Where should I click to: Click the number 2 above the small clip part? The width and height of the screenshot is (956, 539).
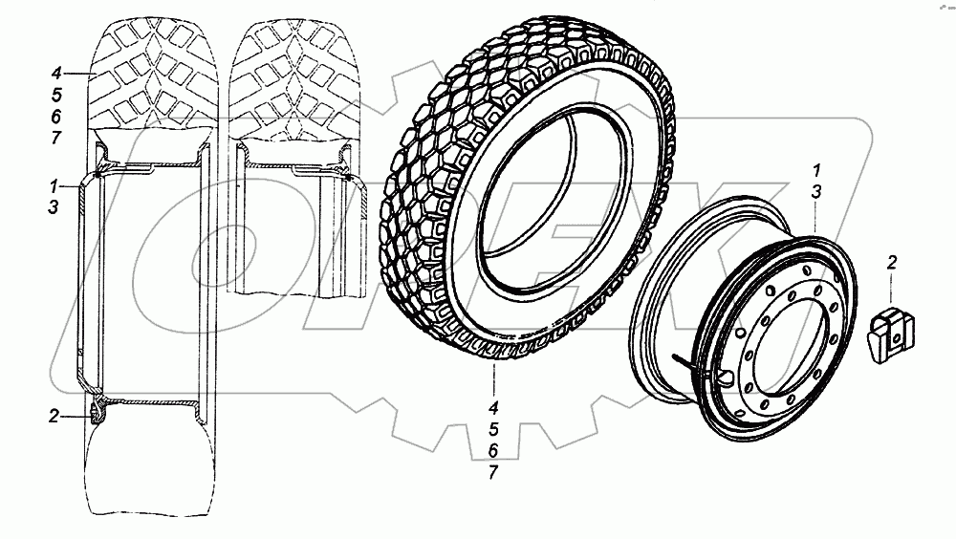[x=891, y=262]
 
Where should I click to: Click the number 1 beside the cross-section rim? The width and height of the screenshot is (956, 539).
[x=56, y=183]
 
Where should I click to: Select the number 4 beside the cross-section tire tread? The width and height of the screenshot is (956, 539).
[x=56, y=73]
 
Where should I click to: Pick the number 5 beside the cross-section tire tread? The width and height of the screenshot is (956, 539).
[x=56, y=95]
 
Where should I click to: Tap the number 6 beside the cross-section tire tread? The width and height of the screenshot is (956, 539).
[x=56, y=116]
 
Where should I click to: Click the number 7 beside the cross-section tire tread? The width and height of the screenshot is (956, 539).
[x=56, y=138]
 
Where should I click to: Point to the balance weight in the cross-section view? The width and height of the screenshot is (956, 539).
[x=95, y=414]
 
